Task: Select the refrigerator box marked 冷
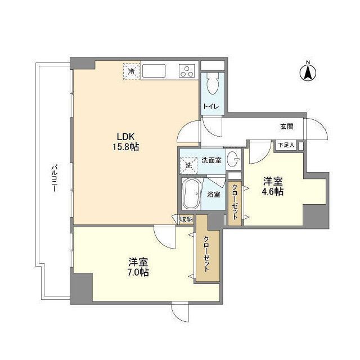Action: coord(131,71)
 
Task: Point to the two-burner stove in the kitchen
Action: coord(186,71)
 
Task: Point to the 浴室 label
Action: coord(213,195)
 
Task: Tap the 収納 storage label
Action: coord(186,219)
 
